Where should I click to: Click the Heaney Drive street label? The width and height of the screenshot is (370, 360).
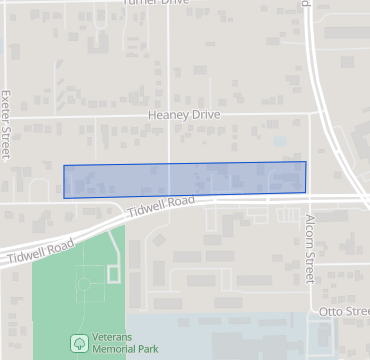pos(182,115)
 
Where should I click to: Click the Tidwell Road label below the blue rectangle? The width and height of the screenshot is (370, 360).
pos(160,208)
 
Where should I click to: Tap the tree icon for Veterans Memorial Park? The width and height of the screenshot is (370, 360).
pos(78,343)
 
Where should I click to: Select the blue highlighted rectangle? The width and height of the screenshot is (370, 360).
pos(185,179)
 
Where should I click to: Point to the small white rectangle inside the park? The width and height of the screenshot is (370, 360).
pos(113,272)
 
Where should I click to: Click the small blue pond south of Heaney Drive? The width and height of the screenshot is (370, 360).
pos(280,142)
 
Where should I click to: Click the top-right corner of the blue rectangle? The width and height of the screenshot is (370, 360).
pos(305,162)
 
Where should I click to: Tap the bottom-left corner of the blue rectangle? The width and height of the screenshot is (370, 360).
pos(65,197)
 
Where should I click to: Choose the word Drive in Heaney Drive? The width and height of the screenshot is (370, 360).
pos(200,115)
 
